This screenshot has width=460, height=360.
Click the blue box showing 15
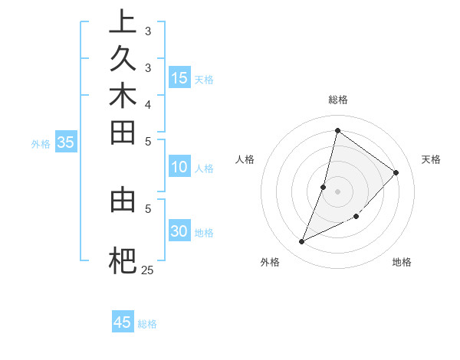[179, 77]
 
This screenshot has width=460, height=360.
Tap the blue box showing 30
[179, 231]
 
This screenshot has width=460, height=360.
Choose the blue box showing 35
[66, 142]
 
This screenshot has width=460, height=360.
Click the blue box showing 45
[123, 322]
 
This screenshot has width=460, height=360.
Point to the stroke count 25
[147, 270]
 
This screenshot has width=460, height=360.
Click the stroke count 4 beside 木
[147, 103]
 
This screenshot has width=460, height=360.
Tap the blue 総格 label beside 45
[147, 324]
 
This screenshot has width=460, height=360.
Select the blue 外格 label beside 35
[41, 143]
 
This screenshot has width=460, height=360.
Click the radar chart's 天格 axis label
[431, 159]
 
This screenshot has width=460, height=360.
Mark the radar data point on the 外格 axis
[302, 241]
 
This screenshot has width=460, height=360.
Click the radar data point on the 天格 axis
[396, 172]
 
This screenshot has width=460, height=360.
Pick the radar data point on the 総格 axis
[337, 130]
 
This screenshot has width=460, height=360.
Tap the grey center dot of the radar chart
[337, 191]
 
